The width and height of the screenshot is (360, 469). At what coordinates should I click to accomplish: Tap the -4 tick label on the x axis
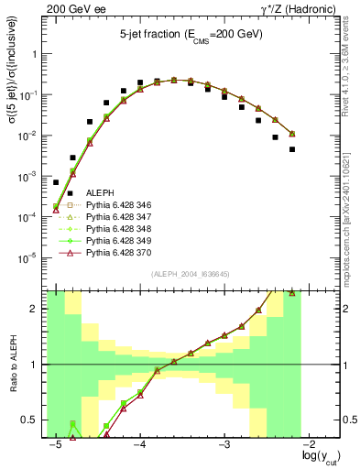(x=139, y=444)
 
